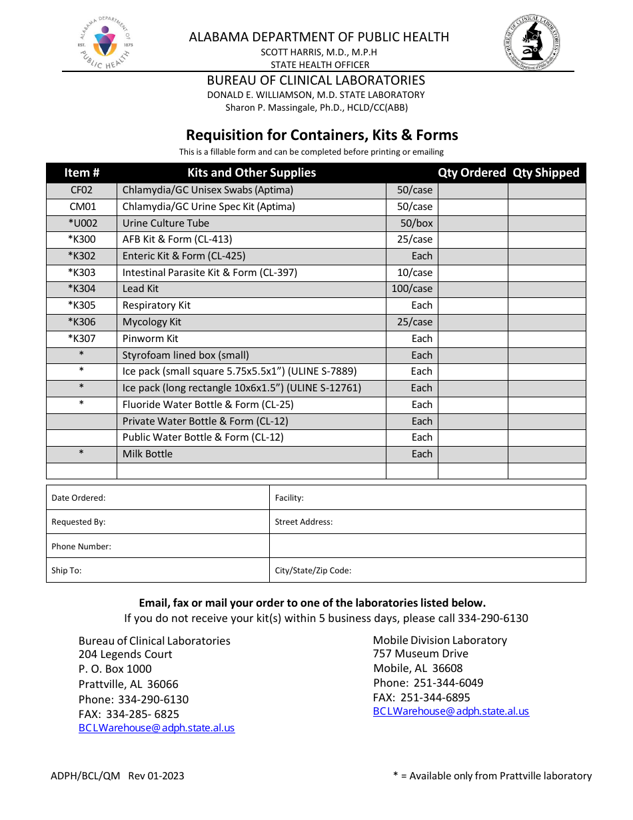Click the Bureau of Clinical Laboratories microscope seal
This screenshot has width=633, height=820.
[x=531, y=43]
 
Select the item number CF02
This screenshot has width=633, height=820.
[x=81, y=190]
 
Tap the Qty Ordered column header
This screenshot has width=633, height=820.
[x=472, y=173]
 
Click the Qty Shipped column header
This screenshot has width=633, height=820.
[x=546, y=173]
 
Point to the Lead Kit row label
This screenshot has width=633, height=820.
[x=141, y=289]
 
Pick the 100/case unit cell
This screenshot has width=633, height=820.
[x=412, y=289]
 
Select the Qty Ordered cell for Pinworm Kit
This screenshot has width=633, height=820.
[x=472, y=339]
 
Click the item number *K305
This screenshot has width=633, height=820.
[x=81, y=305]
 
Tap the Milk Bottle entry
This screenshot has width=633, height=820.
[x=147, y=454]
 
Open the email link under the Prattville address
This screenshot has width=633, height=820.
[x=157, y=728]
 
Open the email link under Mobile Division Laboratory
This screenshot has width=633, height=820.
[x=450, y=711]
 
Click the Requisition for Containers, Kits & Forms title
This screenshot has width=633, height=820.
[x=322, y=135]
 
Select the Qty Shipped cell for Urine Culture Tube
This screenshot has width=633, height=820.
[x=546, y=223]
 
